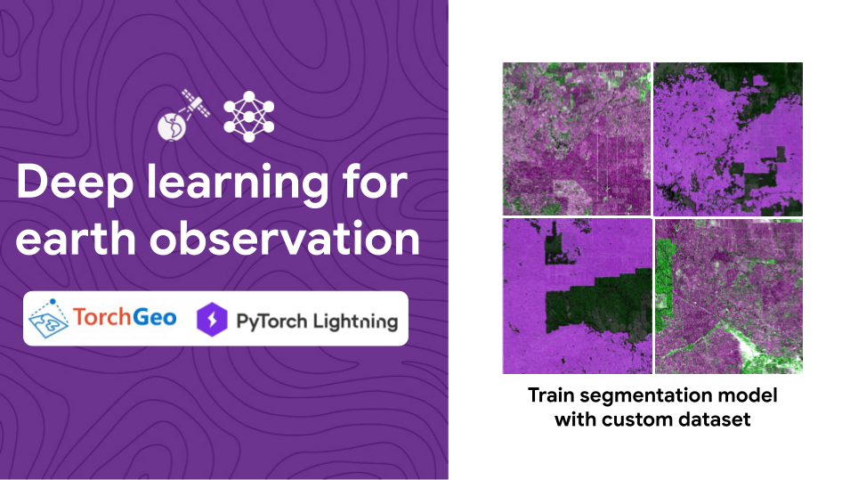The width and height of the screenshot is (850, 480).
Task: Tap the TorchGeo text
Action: [125, 317]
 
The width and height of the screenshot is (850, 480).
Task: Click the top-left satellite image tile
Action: [576, 138]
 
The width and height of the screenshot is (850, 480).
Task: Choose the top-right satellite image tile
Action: [728, 138]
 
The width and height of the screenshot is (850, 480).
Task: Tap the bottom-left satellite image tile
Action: [576, 296]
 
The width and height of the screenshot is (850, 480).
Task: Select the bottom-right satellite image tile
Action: [728, 296]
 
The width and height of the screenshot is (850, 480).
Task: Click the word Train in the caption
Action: [550, 395]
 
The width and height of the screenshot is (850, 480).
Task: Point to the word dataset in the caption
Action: [716, 419]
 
